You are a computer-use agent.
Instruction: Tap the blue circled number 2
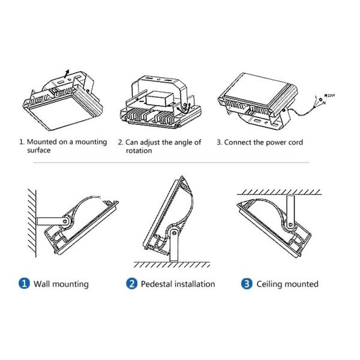pos(131,284)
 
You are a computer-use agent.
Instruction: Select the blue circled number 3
pos(247,284)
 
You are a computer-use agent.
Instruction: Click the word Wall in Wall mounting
pos(43,284)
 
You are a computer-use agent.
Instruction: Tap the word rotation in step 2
pos(139,151)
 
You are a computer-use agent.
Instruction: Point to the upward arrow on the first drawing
pos(66,72)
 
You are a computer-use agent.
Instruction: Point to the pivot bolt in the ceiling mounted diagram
pos(290,224)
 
